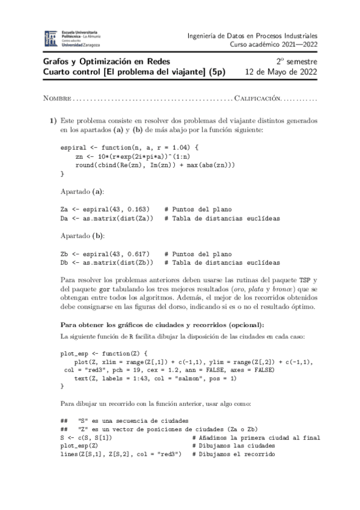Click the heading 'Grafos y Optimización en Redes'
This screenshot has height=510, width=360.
pos(107,61)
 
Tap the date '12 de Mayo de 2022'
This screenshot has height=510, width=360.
pos(282,72)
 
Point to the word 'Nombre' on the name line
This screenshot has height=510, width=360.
pos(57,98)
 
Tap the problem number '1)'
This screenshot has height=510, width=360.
pos(53,120)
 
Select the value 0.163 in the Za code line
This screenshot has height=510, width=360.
pos(138,209)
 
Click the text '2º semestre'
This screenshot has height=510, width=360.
pos(297,61)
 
